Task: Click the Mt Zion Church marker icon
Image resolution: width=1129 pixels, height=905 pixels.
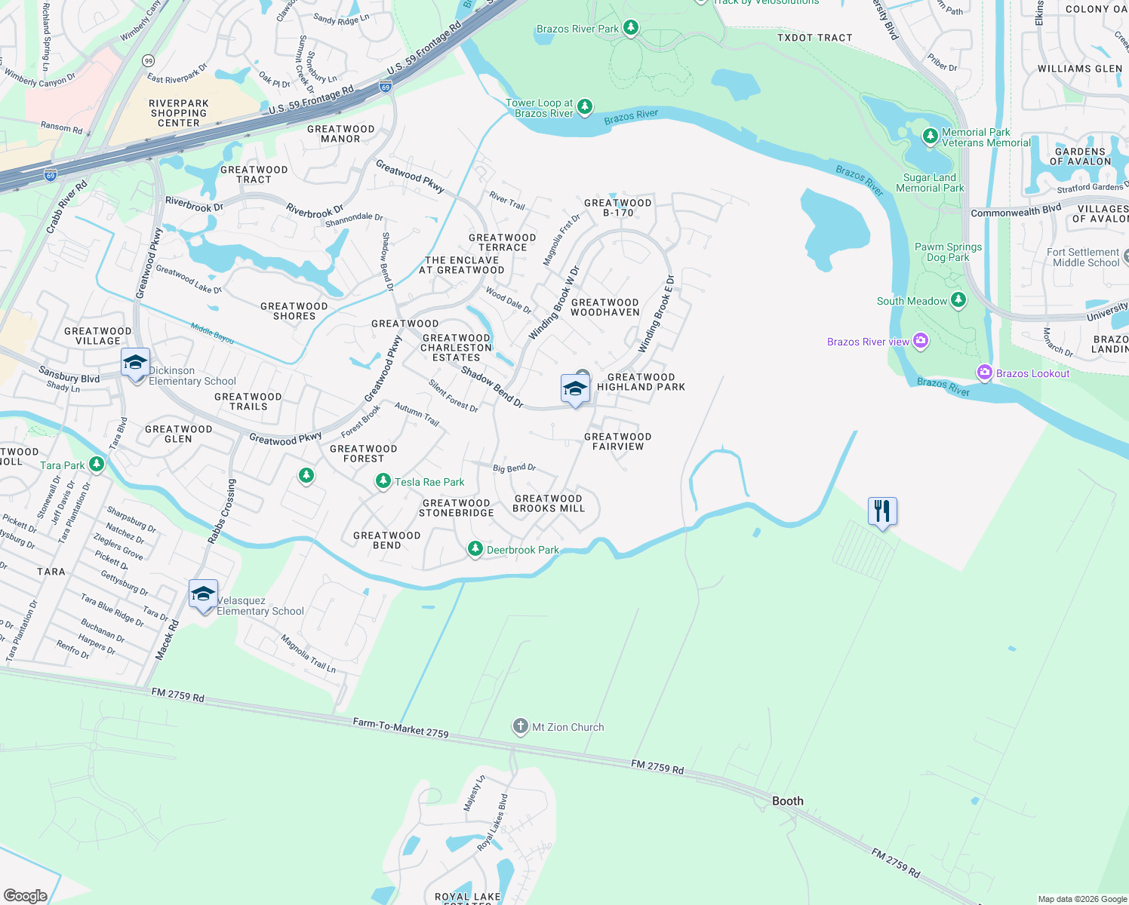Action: (x=520, y=726)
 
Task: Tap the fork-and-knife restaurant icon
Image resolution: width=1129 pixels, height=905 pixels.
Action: (x=882, y=511)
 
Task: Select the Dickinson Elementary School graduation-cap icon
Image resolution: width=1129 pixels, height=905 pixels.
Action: (x=135, y=363)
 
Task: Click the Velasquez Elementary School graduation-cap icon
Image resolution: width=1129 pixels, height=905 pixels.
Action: (x=203, y=594)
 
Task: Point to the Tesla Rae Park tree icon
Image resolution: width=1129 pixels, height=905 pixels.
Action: (x=383, y=481)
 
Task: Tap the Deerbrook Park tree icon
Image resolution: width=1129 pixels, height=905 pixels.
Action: (x=475, y=549)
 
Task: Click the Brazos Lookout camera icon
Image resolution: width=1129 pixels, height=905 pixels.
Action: (x=984, y=373)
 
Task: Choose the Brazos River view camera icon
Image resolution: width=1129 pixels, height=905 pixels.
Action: (x=921, y=341)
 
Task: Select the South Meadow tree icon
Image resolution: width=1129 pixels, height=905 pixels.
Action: (x=958, y=300)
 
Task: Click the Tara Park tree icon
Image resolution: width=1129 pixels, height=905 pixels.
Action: (x=97, y=465)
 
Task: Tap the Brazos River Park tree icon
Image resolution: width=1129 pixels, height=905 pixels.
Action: (x=631, y=29)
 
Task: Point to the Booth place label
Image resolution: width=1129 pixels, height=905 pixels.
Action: (x=788, y=801)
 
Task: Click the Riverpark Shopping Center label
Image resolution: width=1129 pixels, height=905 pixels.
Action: (x=179, y=113)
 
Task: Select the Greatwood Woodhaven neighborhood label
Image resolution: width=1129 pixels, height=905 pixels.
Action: (x=605, y=307)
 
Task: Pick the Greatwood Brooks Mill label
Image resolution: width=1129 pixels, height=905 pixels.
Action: (x=549, y=503)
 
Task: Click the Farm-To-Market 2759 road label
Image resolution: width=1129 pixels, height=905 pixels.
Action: (x=401, y=728)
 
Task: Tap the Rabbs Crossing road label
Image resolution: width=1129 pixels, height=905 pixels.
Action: (x=222, y=511)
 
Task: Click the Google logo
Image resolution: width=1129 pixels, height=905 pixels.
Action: (x=26, y=895)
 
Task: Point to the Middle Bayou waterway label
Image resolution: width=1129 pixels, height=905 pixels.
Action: (x=212, y=333)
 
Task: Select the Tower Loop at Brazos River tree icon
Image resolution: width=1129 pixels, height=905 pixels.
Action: (x=585, y=108)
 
